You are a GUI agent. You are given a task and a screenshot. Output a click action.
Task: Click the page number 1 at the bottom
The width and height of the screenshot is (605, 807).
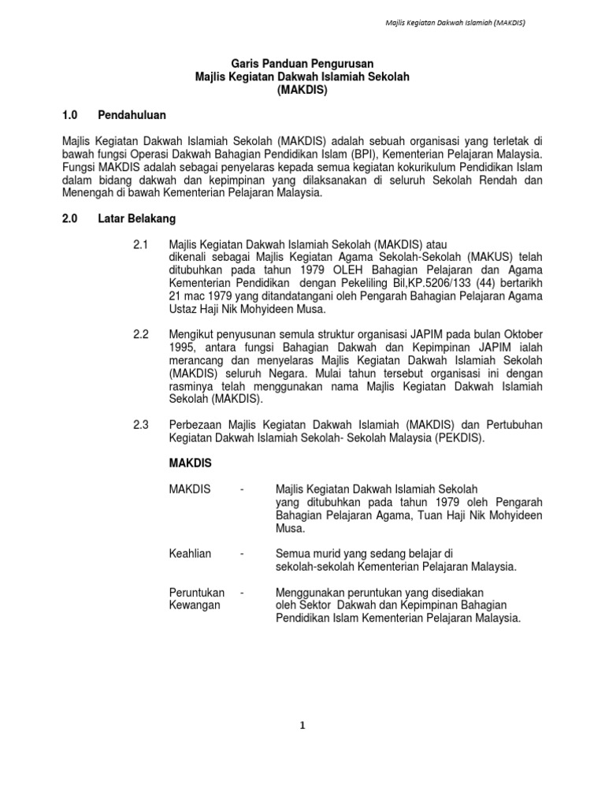point(302,726)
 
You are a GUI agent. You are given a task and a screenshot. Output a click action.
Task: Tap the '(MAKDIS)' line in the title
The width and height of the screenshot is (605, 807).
point(302,90)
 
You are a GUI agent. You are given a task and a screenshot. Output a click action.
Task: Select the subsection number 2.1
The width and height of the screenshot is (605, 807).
point(141,244)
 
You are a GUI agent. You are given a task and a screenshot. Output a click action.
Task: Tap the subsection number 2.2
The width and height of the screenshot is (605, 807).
point(141,334)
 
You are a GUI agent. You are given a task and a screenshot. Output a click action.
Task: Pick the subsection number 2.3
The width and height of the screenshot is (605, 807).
point(141,425)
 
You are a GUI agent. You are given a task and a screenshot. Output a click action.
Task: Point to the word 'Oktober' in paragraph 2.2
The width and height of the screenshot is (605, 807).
point(523,334)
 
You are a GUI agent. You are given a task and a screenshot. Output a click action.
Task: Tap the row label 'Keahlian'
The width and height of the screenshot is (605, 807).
point(190,554)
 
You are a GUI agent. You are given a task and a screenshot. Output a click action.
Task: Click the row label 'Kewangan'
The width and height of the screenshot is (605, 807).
point(195,605)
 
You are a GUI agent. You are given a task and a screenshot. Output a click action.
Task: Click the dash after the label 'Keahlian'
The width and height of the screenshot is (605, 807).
point(242,554)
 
